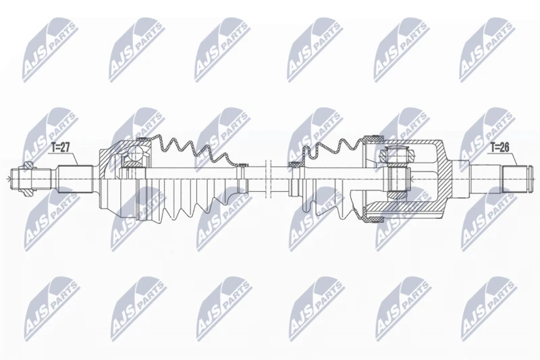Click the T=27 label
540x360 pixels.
(61, 147)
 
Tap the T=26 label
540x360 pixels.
(500, 147)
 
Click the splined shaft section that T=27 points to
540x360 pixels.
(76, 179)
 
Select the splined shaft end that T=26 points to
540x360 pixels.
(514, 179)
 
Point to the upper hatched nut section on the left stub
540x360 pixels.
(29, 167)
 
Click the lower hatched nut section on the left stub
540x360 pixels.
(29, 192)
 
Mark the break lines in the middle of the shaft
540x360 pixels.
(269, 178)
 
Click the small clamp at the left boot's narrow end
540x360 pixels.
(242, 165)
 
